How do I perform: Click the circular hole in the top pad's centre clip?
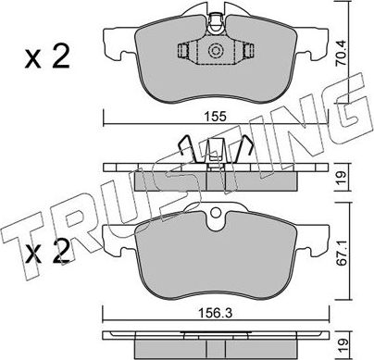click(216, 52)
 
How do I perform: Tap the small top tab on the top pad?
click(216, 16)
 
